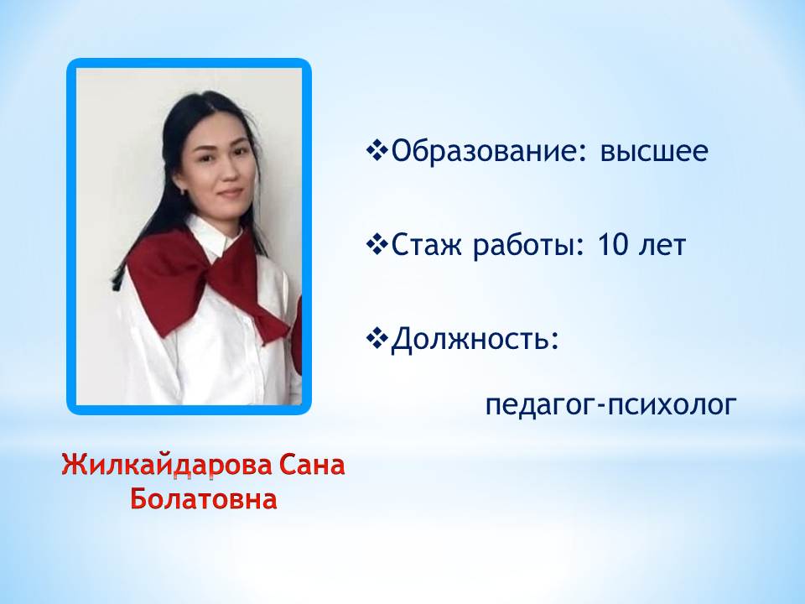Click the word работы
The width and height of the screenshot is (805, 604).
click(524, 246)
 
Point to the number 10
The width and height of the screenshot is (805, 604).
click(612, 244)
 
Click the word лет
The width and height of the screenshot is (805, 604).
click(662, 246)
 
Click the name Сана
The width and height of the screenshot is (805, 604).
click(312, 466)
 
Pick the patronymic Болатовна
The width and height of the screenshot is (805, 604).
click(204, 499)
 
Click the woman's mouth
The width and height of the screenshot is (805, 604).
click(230, 193)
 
